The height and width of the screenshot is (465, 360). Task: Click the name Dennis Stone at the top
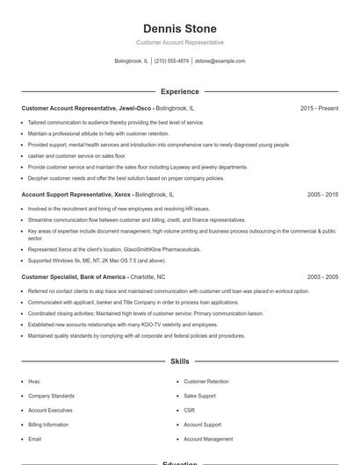click(180, 29)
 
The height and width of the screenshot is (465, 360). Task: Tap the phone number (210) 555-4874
click(171, 61)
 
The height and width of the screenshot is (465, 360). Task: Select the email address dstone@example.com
click(220, 61)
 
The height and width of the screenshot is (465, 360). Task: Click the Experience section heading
click(180, 91)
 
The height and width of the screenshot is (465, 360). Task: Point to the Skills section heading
click(180, 361)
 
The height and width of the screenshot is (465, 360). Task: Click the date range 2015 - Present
click(319, 108)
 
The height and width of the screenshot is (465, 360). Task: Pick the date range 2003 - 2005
click(322, 276)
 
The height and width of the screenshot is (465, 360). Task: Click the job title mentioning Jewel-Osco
click(87, 108)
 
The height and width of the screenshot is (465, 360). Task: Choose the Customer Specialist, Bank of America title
click(74, 276)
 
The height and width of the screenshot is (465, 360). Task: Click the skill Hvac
click(34, 382)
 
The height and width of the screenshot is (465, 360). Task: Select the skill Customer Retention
click(206, 382)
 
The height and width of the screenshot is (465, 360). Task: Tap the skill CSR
click(189, 411)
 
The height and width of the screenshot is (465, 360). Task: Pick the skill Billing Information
click(47, 425)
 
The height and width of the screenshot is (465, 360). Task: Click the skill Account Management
click(208, 439)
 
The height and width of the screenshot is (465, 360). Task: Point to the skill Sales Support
click(199, 396)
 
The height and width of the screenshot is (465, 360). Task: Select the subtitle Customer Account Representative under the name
click(180, 42)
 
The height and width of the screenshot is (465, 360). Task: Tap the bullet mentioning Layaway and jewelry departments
click(138, 167)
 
